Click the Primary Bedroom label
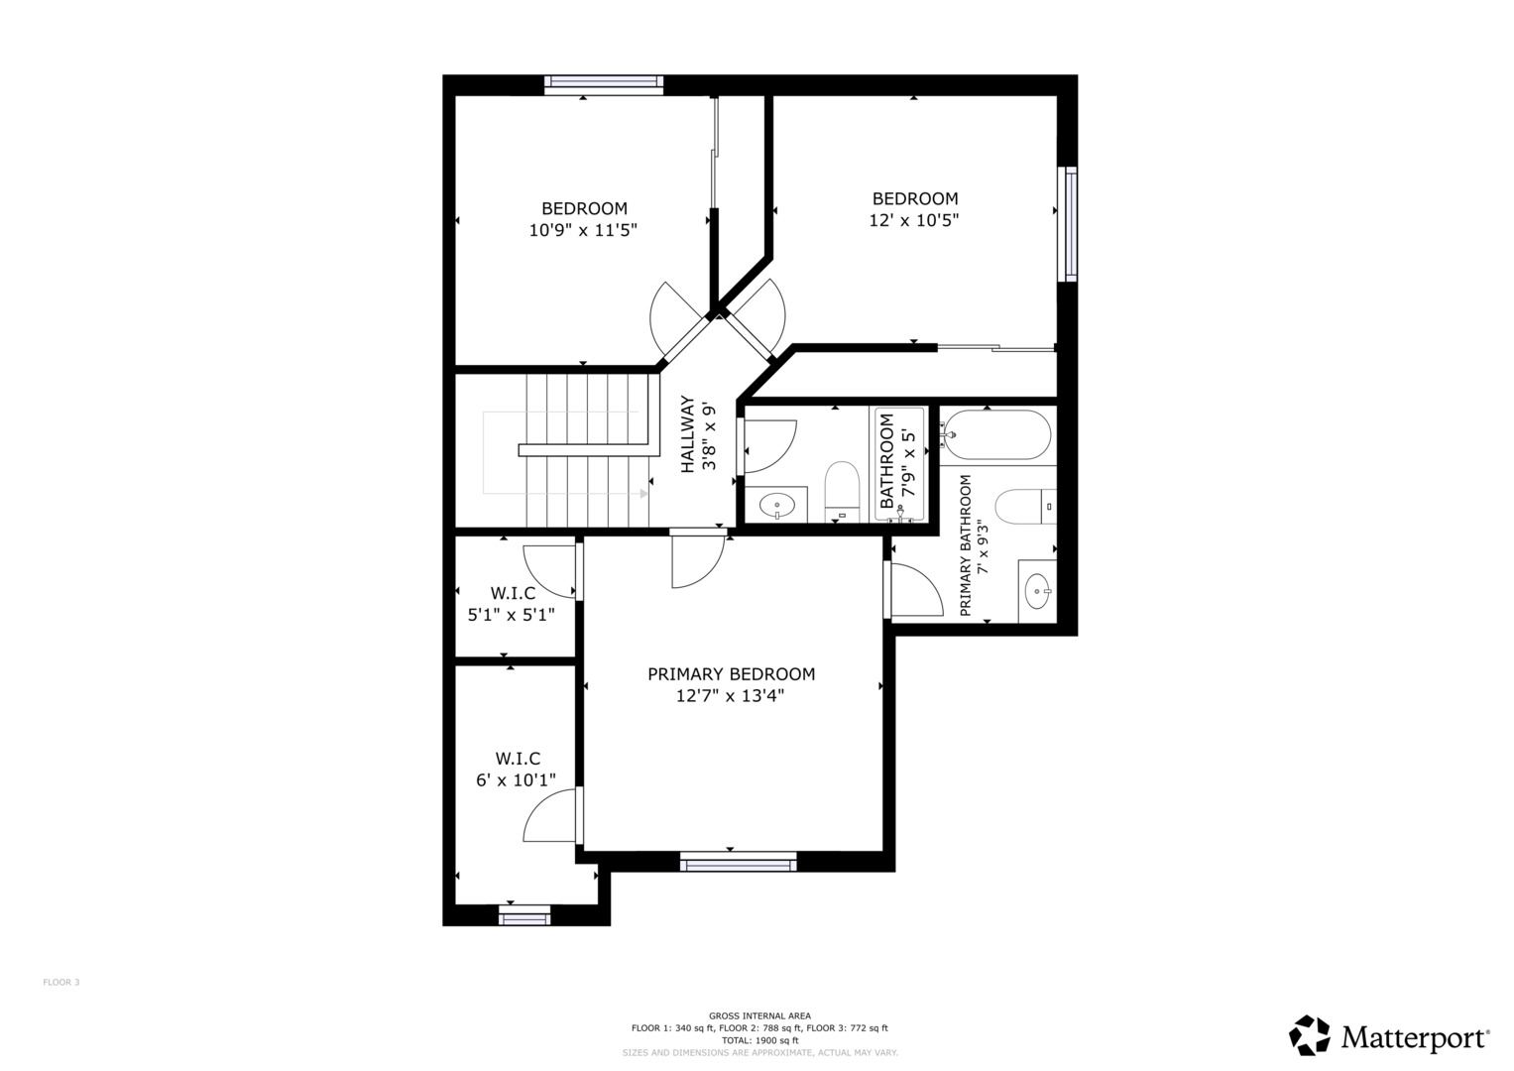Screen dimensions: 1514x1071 pyautogui.click(x=731, y=674)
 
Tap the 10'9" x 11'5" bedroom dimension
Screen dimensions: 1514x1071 pyautogui.click(x=583, y=230)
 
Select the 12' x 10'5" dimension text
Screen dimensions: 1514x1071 pyautogui.click(x=914, y=220)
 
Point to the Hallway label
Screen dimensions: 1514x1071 pyautogui.click(x=687, y=434)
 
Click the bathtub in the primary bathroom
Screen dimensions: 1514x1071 pyautogui.click(x=998, y=434)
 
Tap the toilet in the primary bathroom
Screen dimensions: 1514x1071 pyautogui.click(x=1025, y=507)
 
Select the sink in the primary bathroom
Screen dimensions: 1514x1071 pyautogui.click(x=1037, y=591)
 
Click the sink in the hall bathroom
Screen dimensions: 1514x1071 pyautogui.click(x=776, y=505)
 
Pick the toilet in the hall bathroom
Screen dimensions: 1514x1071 pyautogui.click(x=842, y=492)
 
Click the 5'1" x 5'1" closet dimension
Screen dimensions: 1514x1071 pyautogui.click(x=511, y=615)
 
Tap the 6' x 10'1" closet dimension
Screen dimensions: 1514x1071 pyautogui.click(x=516, y=780)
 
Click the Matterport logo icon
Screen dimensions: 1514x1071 pyautogui.click(x=1309, y=1035)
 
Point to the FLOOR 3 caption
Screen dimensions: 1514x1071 pyautogui.click(x=60, y=983)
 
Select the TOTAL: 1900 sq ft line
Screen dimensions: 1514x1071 pyautogui.click(x=759, y=1040)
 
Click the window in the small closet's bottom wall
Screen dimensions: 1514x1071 pyautogui.click(x=524, y=917)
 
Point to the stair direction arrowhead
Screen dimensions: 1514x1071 pyautogui.click(x=644, y=494)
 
